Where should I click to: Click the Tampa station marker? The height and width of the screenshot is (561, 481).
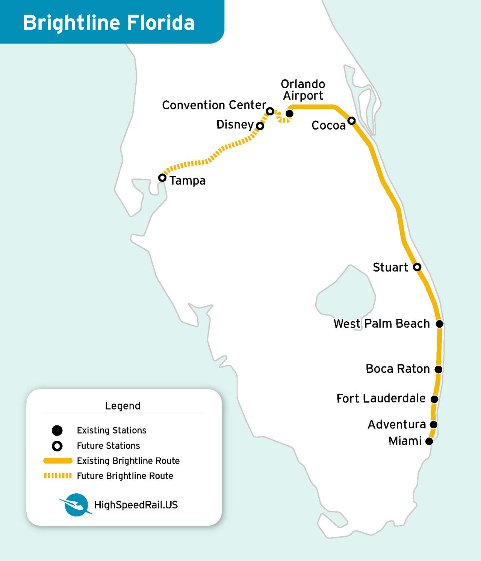coord(162,177)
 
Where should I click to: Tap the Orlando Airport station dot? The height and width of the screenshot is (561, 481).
coord(289,113)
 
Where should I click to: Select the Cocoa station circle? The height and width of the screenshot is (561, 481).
coord(351,121)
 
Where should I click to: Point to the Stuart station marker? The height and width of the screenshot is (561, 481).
coord(417,267)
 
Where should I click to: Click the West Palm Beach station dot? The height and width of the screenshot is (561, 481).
coord(439,324)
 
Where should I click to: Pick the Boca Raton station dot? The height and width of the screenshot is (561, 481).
coord(439,369)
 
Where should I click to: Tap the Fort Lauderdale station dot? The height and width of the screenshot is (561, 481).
coord(434,399)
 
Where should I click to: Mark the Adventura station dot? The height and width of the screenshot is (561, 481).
coord(433,425)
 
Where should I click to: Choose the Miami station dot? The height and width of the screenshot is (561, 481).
coord(429,442)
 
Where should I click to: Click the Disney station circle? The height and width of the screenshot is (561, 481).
coord(260,126)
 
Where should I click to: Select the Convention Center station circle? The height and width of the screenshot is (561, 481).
coord(270,111)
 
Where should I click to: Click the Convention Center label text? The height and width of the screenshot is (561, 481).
coord(214,105)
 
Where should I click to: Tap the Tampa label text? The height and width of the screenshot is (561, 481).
coord(188,181)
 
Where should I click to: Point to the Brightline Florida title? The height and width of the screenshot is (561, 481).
coord(109,23)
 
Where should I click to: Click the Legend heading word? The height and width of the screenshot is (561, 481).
coord(123,406)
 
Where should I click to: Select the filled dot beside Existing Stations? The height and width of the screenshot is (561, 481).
coord(57,430)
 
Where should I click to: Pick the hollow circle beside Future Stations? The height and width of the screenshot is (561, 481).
coord(57,446)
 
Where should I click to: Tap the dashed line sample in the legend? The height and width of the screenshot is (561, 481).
coord(58,476)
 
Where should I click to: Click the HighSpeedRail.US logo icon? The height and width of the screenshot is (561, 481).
coord(76,505)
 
